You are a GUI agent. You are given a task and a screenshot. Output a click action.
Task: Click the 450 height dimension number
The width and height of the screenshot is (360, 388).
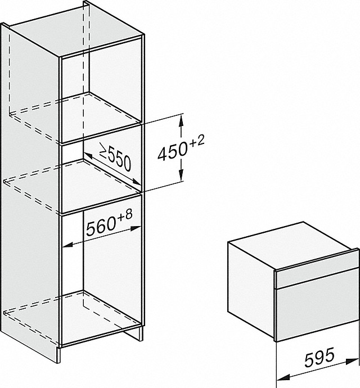[x=172, y=151]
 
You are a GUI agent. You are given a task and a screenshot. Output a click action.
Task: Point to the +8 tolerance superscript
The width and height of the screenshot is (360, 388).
[x=125, y=215]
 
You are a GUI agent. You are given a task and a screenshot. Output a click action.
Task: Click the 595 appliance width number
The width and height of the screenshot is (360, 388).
[x=319, y=357]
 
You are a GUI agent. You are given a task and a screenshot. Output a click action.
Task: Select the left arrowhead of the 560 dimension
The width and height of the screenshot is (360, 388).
[x=67, y=245]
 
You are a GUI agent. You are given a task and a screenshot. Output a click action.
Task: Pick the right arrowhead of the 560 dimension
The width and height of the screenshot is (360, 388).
[x=136, y=228]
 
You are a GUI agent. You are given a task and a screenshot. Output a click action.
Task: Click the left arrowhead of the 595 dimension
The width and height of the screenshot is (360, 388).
[x=283, y=377]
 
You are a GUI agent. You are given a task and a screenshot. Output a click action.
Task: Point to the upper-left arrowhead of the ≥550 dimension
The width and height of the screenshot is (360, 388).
[x=88, y=155]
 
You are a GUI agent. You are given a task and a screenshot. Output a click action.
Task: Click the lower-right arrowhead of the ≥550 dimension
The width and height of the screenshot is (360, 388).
[x=137, y=182]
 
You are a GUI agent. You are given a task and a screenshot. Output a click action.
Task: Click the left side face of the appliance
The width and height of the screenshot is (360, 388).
[x=251, y=290]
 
